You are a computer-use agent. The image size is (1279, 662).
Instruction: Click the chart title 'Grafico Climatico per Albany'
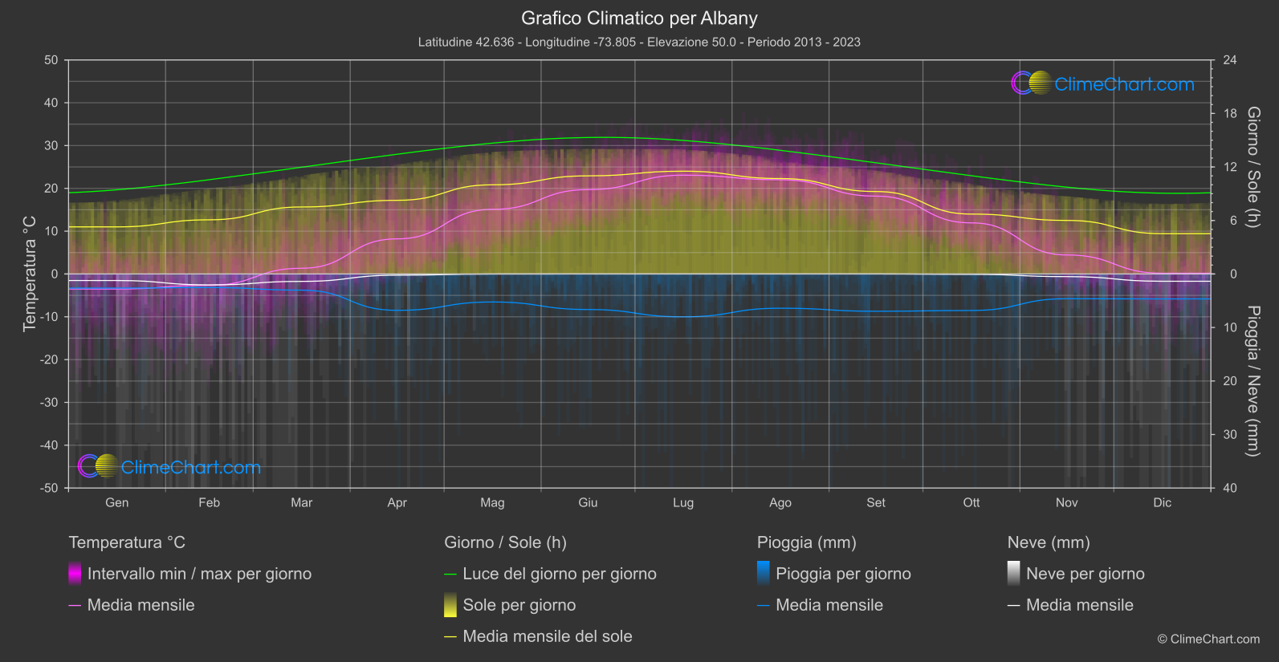point(639,18)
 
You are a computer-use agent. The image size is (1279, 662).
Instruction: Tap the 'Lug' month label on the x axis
point(683,502)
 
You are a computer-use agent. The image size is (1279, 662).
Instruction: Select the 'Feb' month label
point(209,502)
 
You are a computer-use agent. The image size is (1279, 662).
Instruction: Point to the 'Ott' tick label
point(971,502)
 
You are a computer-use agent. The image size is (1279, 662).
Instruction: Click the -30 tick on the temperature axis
point(50,402)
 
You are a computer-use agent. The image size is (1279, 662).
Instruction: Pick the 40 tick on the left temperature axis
point(51,103)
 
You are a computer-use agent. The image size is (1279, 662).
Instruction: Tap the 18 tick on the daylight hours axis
point(1230,113)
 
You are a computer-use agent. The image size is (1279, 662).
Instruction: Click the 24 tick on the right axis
point(1230,60)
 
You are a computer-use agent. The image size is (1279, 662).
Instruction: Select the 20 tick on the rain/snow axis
point(1230,381)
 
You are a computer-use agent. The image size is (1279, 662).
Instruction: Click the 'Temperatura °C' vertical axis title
point(30,274)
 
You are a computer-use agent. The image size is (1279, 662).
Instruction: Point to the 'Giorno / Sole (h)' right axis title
point(1253,167)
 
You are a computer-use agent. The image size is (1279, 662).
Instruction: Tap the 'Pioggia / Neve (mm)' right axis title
point(1253,381)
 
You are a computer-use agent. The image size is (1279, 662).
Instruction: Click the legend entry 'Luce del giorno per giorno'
point(559,574)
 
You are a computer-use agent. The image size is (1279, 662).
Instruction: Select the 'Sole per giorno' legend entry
point(519,605)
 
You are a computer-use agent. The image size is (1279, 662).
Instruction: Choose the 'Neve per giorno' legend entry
point(1085,574)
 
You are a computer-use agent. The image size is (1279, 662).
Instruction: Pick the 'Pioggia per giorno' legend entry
point(843,574)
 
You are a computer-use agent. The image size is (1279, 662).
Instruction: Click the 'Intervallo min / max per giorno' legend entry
point(199,574)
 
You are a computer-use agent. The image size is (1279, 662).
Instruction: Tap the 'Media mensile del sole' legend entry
point(547,636)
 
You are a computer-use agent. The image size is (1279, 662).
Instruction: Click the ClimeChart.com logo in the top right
point(1103,83)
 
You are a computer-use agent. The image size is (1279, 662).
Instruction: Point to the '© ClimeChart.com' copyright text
point(1208,640)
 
